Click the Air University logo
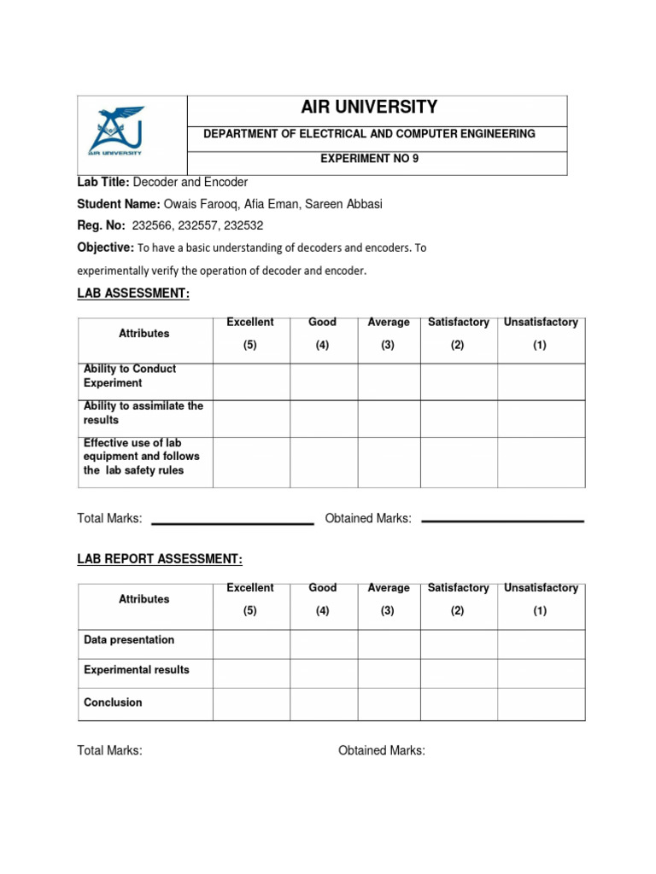point(117,132)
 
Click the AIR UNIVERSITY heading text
point(369,108)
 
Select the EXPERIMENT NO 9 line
point(369,159)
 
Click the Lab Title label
point(103,182)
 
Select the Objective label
point(105,248)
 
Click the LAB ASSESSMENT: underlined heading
point(132,294)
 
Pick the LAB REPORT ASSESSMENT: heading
point(160,559)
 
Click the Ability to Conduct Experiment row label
point(130,376)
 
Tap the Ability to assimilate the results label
point(143,413)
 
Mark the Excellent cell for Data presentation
point(251,644)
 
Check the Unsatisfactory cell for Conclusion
point(541,704)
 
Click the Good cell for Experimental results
point(323,673)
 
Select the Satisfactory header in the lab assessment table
point(458,323)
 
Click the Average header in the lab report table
point(389,588)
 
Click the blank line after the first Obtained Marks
point(503,520)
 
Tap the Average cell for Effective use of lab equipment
point(389,463)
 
